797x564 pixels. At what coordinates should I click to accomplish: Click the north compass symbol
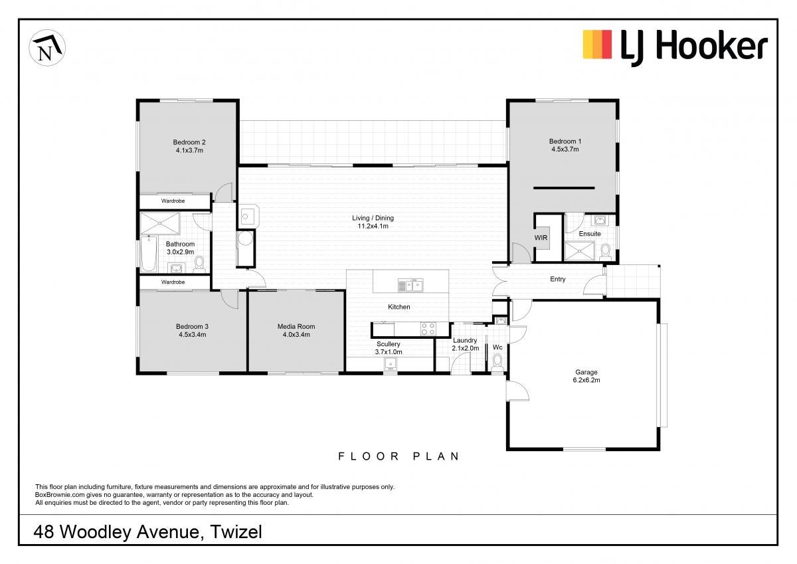[47, 48]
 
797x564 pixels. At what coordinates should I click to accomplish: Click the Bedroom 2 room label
[189, 142]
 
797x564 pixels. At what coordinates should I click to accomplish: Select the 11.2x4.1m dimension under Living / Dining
[373, 226]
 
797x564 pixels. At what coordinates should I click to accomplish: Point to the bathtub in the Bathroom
[149, 254]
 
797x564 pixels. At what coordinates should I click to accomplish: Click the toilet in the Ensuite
[604, 252]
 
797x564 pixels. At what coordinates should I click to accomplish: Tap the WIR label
[541, 238]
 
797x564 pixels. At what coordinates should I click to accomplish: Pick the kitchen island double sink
[410, 286]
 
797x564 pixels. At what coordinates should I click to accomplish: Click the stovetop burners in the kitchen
[428, 328]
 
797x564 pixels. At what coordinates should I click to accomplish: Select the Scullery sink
[391, 364]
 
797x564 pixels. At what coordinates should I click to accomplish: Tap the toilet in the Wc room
[497, 363]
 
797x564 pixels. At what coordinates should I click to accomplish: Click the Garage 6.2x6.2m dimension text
[586, 380]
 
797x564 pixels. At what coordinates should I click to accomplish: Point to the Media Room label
[296, 326]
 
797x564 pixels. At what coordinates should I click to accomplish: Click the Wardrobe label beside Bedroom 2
[173, 201]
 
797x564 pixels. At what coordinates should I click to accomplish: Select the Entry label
[557, 279]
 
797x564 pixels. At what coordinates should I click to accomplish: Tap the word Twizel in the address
[236, 532]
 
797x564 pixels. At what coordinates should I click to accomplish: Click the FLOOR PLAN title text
[399, 456]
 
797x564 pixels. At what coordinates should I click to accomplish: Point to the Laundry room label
[465, 341]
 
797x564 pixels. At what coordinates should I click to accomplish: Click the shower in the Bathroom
[160, 223]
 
